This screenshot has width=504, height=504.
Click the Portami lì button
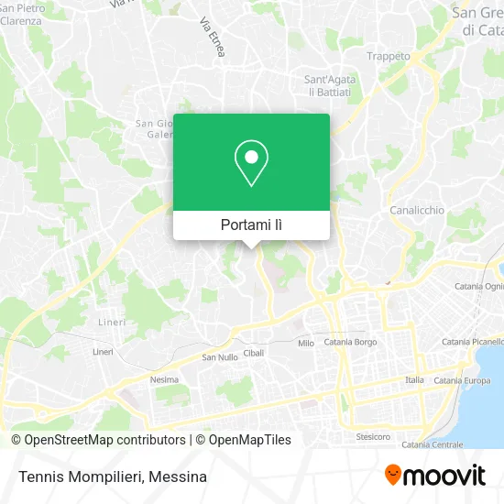[x=251, y=225]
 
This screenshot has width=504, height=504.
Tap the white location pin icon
[x=251, y=163]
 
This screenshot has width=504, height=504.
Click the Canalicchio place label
[x=417, y=210]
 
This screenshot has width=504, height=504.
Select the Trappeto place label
[x=389, y=56]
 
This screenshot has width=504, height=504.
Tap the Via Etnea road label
[x=211, y=38]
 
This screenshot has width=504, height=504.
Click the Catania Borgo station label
[x=351, y=342]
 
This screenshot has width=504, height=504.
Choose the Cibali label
[x=253, y=353]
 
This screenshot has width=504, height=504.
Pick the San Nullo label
[x=220, y=357]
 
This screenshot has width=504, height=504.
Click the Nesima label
[x=164, y=378]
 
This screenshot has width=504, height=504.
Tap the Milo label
[x=306, y=343]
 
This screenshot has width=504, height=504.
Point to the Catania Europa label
[x=462, y=380]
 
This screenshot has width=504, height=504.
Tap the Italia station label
[x=415, y=379]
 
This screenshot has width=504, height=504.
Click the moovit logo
[x=435, y=475]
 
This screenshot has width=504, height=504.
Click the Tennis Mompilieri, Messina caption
[x=110, y=477]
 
